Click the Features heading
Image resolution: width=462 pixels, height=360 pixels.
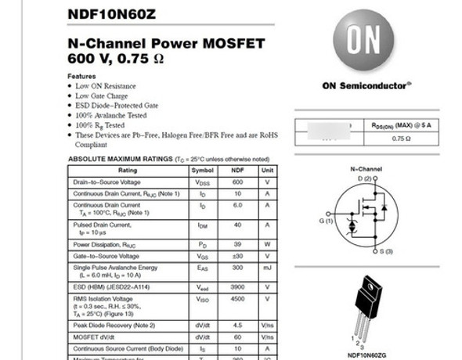[x=82, y=76]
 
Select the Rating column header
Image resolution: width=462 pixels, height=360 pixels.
[x=128, y=170]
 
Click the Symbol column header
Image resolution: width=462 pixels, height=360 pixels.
[x=202, y=170]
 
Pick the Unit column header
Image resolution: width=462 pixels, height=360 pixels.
[x=267, y=170]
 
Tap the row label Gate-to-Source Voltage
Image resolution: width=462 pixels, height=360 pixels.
[x=106, y=256]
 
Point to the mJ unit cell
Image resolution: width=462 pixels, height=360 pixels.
[x=267, y=268]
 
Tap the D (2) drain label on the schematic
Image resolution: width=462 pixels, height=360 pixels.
[x=365, y=180]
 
